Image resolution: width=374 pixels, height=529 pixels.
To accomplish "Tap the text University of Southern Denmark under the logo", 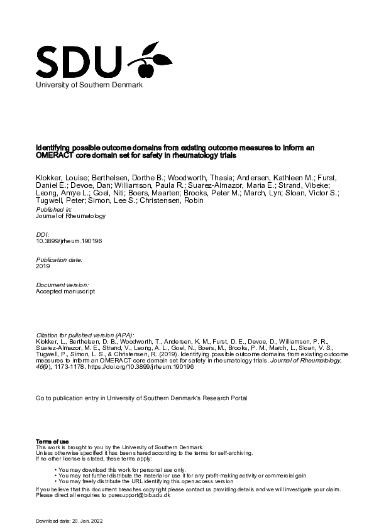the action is [x=90, y=84].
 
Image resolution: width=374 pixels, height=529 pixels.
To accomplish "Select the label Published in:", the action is [x=54, y=209].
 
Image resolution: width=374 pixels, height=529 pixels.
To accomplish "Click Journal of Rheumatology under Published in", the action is [x=71, y=215].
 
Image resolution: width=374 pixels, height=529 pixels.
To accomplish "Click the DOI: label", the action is [x=43, y=233].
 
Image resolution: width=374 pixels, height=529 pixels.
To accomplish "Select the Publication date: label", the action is [x=60, y=259].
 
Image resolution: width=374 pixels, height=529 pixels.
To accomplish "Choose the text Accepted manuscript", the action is [x=66, y=292].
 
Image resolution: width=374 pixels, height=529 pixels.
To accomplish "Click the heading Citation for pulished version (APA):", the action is [x=85, y=335].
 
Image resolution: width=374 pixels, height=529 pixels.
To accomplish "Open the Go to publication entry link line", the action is [x=142, y=398].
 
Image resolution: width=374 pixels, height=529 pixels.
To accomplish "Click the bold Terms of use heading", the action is [x=53, y=442].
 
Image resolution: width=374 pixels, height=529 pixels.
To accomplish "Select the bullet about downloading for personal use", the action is [x=123, y=469].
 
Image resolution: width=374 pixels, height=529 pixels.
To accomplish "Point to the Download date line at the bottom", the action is [x=69, y=521].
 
